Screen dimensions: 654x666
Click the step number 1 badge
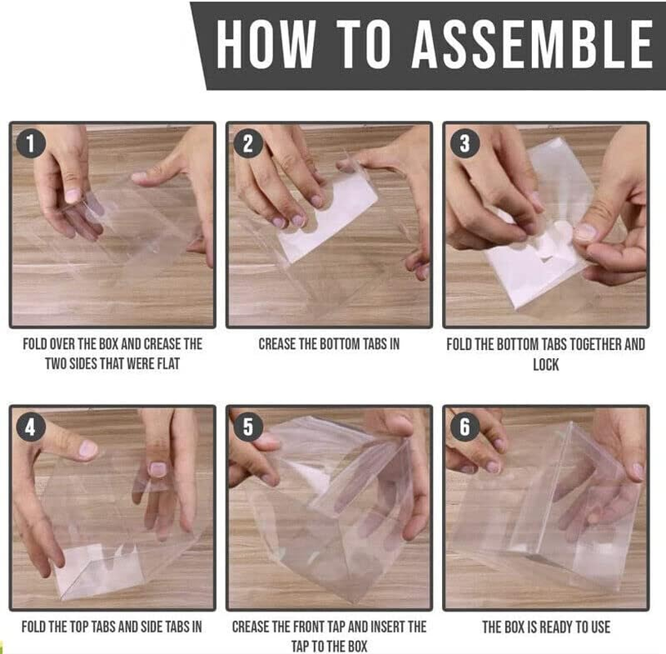(31, 145)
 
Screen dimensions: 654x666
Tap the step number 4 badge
(31, 428)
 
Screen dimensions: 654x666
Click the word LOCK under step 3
(546, 364)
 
